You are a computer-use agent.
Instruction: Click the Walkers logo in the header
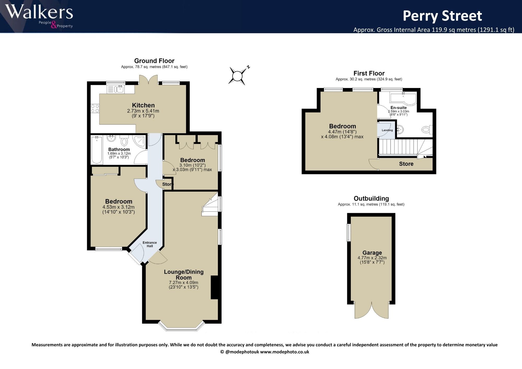click(39, 16)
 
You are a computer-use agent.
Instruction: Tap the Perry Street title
click(442, 16)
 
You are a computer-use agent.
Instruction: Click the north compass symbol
click(238, 76)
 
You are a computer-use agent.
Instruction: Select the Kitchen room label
click(143, 105)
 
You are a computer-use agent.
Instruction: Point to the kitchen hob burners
click(95, 109)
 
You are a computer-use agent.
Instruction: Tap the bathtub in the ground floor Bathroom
click(97, 150)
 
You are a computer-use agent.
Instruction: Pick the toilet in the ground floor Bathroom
click(124, 140)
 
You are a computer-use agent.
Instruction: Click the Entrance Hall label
click(150, 244)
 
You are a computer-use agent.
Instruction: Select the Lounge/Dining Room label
click(184, 275)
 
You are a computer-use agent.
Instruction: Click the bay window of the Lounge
click(182, 328)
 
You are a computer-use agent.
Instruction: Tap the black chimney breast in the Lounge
click(214, 287)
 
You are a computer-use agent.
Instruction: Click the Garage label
click(372, 253)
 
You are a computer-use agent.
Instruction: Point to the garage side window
click(348, 232)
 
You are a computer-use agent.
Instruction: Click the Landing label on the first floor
click(387, 130)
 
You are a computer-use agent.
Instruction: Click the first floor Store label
click(406, 164)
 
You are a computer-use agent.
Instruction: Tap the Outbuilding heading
click(371, 199)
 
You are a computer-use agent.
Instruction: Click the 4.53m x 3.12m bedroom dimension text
click(118, 207)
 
